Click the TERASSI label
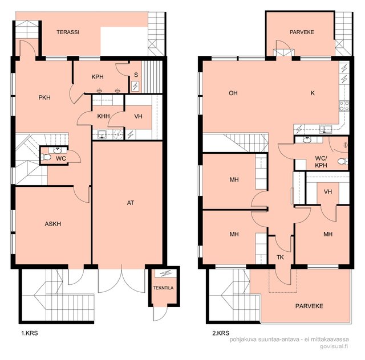[68, 32]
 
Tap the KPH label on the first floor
[98, 77]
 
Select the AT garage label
[131, 203]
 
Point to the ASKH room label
[53, 224]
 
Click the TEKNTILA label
[163, 288]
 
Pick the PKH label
[44, 97]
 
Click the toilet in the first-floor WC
[46, 157]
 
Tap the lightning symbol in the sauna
[135, 86]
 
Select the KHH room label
[103, 116]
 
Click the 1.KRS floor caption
[30, 333]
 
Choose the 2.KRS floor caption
[221, 333]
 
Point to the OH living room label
[233, 93]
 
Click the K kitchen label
[313, 93]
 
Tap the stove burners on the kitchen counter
[344, 106]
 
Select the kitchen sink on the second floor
[326, 129]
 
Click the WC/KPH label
[321, 162]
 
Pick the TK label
[280, 257]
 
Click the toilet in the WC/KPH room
[343, 161]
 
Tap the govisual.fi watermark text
[334, 346]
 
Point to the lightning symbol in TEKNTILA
[166, 273]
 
